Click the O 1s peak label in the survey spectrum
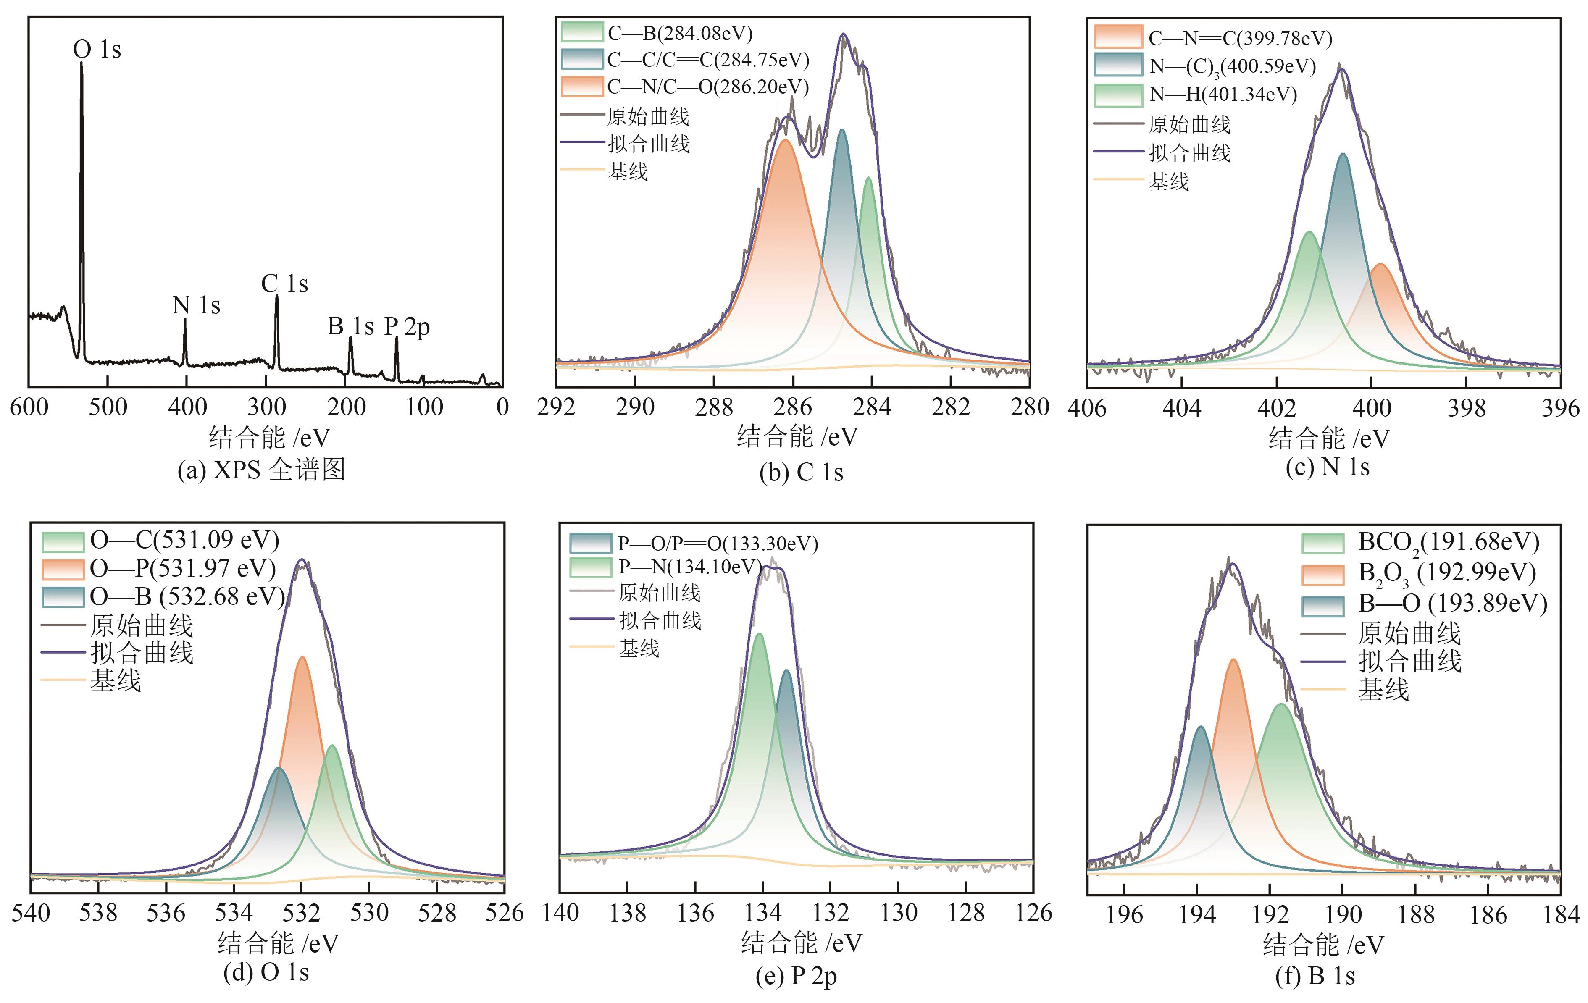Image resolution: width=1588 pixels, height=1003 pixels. coord(97,50)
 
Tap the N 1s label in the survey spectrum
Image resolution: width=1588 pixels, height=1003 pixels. coord(196,305)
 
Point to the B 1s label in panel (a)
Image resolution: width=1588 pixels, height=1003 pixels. coord(350,326)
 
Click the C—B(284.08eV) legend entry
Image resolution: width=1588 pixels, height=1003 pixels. coord(679,33)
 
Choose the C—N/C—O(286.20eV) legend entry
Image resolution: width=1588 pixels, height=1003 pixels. coord(707,87)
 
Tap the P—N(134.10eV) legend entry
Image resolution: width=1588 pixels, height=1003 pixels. coord(689,567)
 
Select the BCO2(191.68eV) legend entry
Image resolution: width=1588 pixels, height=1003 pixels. coord(1448,542)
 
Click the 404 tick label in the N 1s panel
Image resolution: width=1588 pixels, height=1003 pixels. coord(1181,409)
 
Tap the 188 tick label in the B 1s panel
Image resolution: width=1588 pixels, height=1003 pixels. coord(1416,915)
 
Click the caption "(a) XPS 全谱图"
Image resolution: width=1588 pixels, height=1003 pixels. coord(261,470)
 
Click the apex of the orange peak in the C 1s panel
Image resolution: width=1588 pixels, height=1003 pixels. coord(785,140)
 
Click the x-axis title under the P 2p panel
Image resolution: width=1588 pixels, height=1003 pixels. coord(801,943)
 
